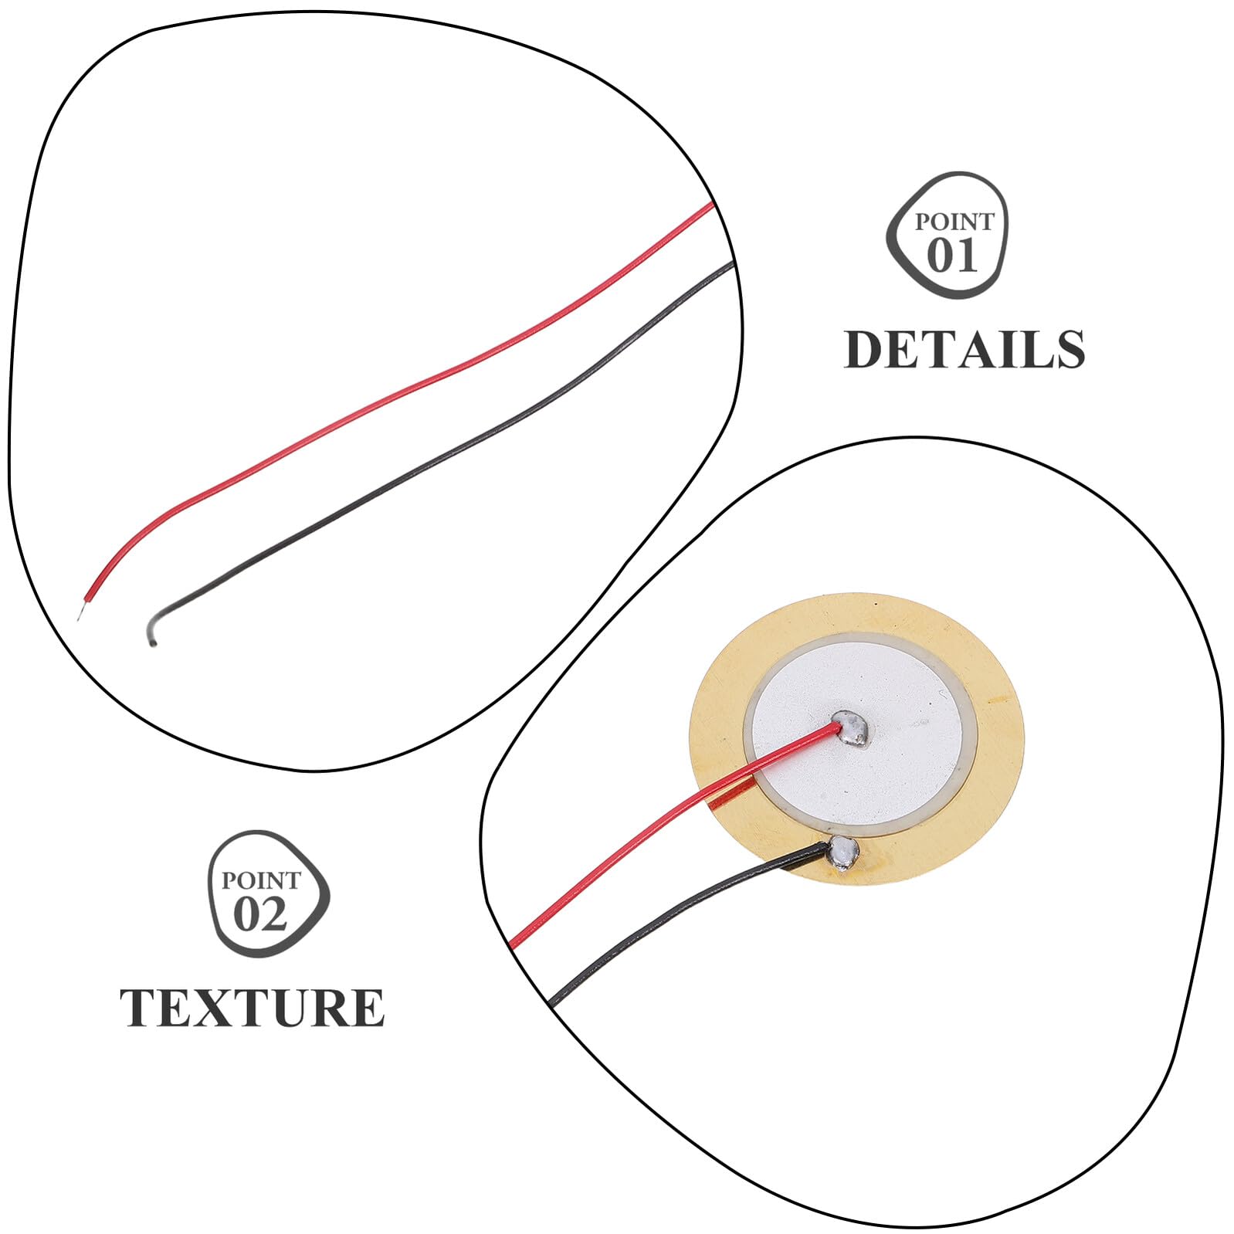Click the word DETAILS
point(964,349)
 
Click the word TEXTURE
point(252,1007)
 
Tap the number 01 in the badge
point(952,256)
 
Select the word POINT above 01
point(954,222)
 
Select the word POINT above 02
point(260,880)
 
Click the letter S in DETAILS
point(1066,349)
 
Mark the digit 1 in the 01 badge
point(968,256)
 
